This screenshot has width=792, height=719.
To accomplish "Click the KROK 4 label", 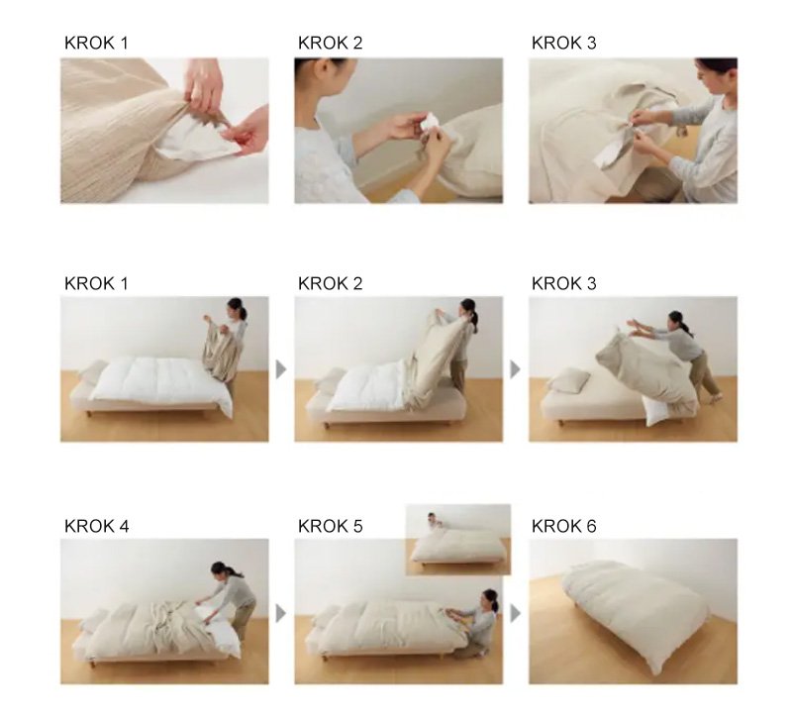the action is click(96, 526).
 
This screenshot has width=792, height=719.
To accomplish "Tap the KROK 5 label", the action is click(331, 526).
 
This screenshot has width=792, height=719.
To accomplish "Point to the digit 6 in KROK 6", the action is click(590, 526).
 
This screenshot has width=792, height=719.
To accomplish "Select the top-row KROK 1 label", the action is click(96, 43).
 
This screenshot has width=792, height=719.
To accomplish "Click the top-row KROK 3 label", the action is click(563, 43).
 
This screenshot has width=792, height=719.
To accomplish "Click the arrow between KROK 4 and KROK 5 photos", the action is click(281, 613).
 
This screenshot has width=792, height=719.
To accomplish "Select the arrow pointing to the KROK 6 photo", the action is click(515, 613).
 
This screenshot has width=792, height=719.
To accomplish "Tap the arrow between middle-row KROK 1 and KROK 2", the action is click(281, 369).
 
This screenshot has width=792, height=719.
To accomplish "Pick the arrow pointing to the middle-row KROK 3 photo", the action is click(515, 369).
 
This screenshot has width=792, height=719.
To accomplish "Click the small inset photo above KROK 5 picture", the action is click(458, 539).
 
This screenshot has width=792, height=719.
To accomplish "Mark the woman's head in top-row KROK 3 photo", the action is click(715, 75).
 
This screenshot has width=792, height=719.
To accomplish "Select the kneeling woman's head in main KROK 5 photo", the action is click(490, 599).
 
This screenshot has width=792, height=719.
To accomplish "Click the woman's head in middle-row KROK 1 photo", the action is click(236, 307).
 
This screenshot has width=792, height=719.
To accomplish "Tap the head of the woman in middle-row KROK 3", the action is click(676, 320).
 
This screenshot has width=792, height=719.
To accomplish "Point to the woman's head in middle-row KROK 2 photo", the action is click(468, 309).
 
